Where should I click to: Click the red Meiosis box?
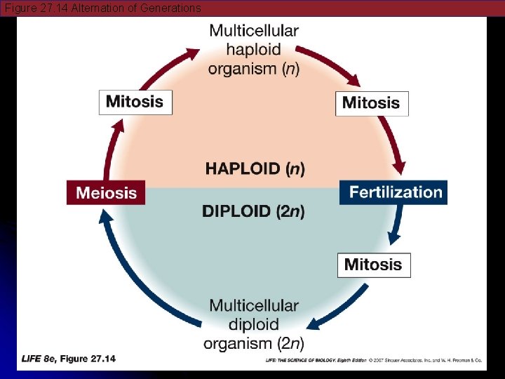(x=106, y=192)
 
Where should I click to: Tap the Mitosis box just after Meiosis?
(x=135, y=102)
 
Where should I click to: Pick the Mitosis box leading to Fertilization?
(x=371, y=103)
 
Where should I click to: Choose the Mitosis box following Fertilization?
(x=373, y=265)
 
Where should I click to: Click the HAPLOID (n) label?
(x=255, y=168)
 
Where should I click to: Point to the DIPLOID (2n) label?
(x=253, y=211)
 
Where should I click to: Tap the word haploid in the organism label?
(x=253, y=50)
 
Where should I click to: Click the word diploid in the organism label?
(x=253, y=324)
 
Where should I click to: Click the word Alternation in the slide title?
(x=100, y=8)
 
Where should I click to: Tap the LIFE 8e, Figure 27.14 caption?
(x=69, y=359)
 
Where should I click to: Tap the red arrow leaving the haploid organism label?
(x=326, y=63)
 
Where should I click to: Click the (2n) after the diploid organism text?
(x=289, y=343)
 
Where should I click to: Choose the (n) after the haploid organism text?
(x=288, y=69)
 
